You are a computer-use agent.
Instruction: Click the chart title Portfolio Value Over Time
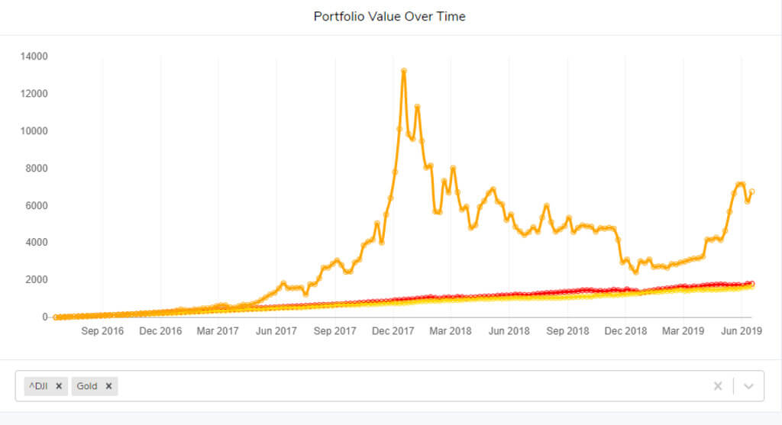tap(389, 16)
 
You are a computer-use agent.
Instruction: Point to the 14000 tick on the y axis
tap(34, 56)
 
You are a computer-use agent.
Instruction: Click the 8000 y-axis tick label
tap(36, 169)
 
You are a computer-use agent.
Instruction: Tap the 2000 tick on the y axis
tap(36, 280)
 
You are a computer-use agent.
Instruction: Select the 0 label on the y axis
tap(44, 317)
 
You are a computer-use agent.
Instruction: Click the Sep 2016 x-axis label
tap(102, 332)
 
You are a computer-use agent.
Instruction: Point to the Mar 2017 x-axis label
tap(218, 332)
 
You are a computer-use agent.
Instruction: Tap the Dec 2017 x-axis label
tap(393, 332)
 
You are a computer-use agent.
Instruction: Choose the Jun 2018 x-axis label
tap(509, 332)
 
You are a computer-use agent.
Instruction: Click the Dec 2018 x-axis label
tap(625, 332)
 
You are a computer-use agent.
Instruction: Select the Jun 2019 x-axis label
tap(740, 332)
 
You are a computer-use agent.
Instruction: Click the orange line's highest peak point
tap(403, 71)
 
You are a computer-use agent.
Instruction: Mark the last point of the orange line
tap(752, 192)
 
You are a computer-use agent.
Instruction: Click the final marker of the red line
tap(752, 283)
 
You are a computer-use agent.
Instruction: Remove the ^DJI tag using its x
tap(59, 386)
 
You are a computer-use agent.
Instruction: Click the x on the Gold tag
tap(108, 386)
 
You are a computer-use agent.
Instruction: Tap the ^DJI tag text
tap(38, 386)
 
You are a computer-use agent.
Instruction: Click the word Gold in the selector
tap(87, 386)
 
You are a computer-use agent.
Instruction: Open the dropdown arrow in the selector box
tap(748, 386)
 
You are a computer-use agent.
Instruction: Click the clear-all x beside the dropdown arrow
tap(718, 386)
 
